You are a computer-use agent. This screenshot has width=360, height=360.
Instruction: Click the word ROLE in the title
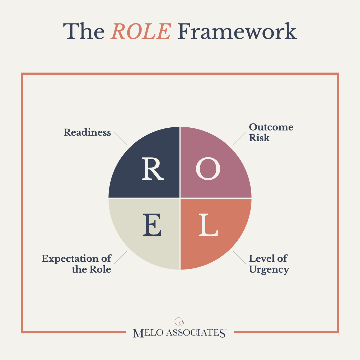pyautogui.click(x=141, y=31)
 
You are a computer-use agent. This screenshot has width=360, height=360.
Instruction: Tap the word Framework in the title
pyautogui.click(x=237, y=31)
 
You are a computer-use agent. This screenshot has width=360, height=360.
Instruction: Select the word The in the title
pyautogui.click(x=84, y=31)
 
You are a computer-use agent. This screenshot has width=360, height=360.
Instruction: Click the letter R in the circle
pyautogui.click(x=153, y=169)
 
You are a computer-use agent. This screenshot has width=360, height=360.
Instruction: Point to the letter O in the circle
pyautogui.click(x=208, y=169)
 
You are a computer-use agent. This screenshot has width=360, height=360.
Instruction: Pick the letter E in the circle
pyautogui.click(x=152, y=225)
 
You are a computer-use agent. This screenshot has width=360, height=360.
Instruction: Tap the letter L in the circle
pyautogui.click(x=208, y=225)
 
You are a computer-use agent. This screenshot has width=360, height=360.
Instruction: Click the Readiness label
pyautogui.click(x=87, y=132)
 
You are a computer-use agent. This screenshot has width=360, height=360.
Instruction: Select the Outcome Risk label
pyautogui.click(x=271, y=132)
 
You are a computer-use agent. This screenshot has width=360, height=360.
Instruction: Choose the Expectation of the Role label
pyautogui.click(x=77, y=264)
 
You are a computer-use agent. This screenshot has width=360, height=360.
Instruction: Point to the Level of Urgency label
pyautogui.click(x=269, y=264)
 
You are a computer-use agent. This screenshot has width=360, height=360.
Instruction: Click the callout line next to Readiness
pyautogui.click(x=121, y=139)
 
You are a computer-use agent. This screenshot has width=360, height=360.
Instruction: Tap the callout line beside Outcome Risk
pyautogui.click(x=239, y=139)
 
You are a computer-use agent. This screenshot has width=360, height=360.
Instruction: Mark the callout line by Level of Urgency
pyautogui.click(x=239, y=258)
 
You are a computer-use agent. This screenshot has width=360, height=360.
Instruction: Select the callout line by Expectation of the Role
pyautogui.click(x=121, y=258)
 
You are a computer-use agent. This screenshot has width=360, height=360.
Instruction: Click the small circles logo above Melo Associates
pyautogui.click(x=179, y=321)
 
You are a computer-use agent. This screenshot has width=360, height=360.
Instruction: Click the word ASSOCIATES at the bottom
pyautogui.click(x=196, y=333)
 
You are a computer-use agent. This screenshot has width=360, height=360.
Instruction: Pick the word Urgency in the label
pyautogui.click(x=269, y=270)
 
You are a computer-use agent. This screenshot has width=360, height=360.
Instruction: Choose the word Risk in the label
pyautogui.click(x=259, y=138)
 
